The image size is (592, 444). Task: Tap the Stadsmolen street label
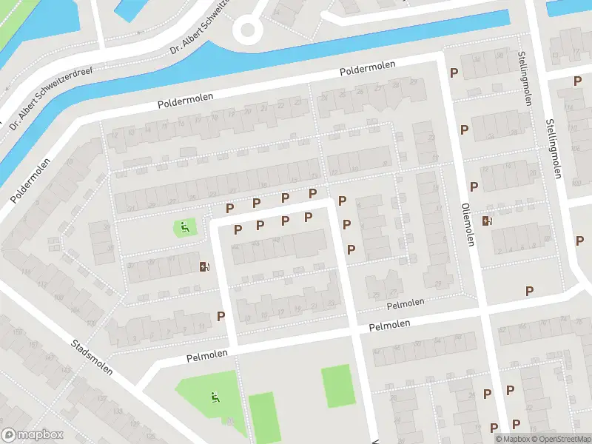pos(92,357)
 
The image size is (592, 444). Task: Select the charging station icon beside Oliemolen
pos(486,220)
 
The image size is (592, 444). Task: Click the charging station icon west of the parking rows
pos(203,266)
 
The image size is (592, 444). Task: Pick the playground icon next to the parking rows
pos(184,227)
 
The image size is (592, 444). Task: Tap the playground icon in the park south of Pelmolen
pos(215,398)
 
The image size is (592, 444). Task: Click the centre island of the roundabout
pos(246,30)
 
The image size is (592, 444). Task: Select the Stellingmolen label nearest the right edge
pos(552,148)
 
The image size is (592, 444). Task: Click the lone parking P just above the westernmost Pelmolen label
pos(221,316)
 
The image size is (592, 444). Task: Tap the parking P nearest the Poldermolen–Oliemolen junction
pos(454,73)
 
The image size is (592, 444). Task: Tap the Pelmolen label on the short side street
pos(406,303)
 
